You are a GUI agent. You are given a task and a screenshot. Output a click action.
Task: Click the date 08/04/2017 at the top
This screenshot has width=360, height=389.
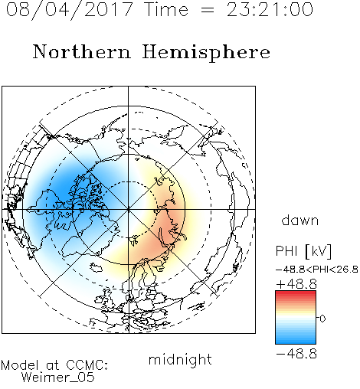click(70, 10)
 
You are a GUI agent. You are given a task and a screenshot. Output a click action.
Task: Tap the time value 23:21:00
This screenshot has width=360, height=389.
click(270, 9)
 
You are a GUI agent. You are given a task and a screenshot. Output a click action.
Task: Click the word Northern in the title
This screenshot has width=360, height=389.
click(82, 52)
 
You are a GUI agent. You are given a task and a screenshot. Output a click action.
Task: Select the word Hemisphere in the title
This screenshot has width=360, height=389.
click(206, 53)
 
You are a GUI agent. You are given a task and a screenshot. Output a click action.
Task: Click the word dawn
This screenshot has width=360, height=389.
click(300, 221)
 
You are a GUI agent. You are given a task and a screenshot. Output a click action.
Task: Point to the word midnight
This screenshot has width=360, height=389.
click(180, 360)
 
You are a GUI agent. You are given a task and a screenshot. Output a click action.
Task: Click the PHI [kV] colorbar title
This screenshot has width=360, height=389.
click(303, 251)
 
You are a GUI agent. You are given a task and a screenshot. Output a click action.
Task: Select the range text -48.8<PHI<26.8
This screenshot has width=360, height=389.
click(317, 270)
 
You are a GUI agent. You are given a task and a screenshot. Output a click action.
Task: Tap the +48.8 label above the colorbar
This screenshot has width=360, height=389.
click(296, 284)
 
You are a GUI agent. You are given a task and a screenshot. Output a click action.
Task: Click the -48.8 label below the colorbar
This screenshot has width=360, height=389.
click(296, 354)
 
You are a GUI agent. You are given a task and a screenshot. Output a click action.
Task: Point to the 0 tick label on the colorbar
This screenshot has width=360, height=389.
click(322, 319)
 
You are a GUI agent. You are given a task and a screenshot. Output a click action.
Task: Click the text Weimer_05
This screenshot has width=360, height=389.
click(58, 378)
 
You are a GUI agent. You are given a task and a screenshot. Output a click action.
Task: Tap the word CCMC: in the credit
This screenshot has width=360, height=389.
click(87, 365)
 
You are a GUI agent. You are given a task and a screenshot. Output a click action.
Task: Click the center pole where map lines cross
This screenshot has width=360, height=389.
click(129, 209)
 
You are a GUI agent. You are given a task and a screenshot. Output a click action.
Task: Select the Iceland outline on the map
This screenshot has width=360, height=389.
click(97, 267)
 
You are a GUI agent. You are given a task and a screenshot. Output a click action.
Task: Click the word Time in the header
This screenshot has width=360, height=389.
click(166, 10)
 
